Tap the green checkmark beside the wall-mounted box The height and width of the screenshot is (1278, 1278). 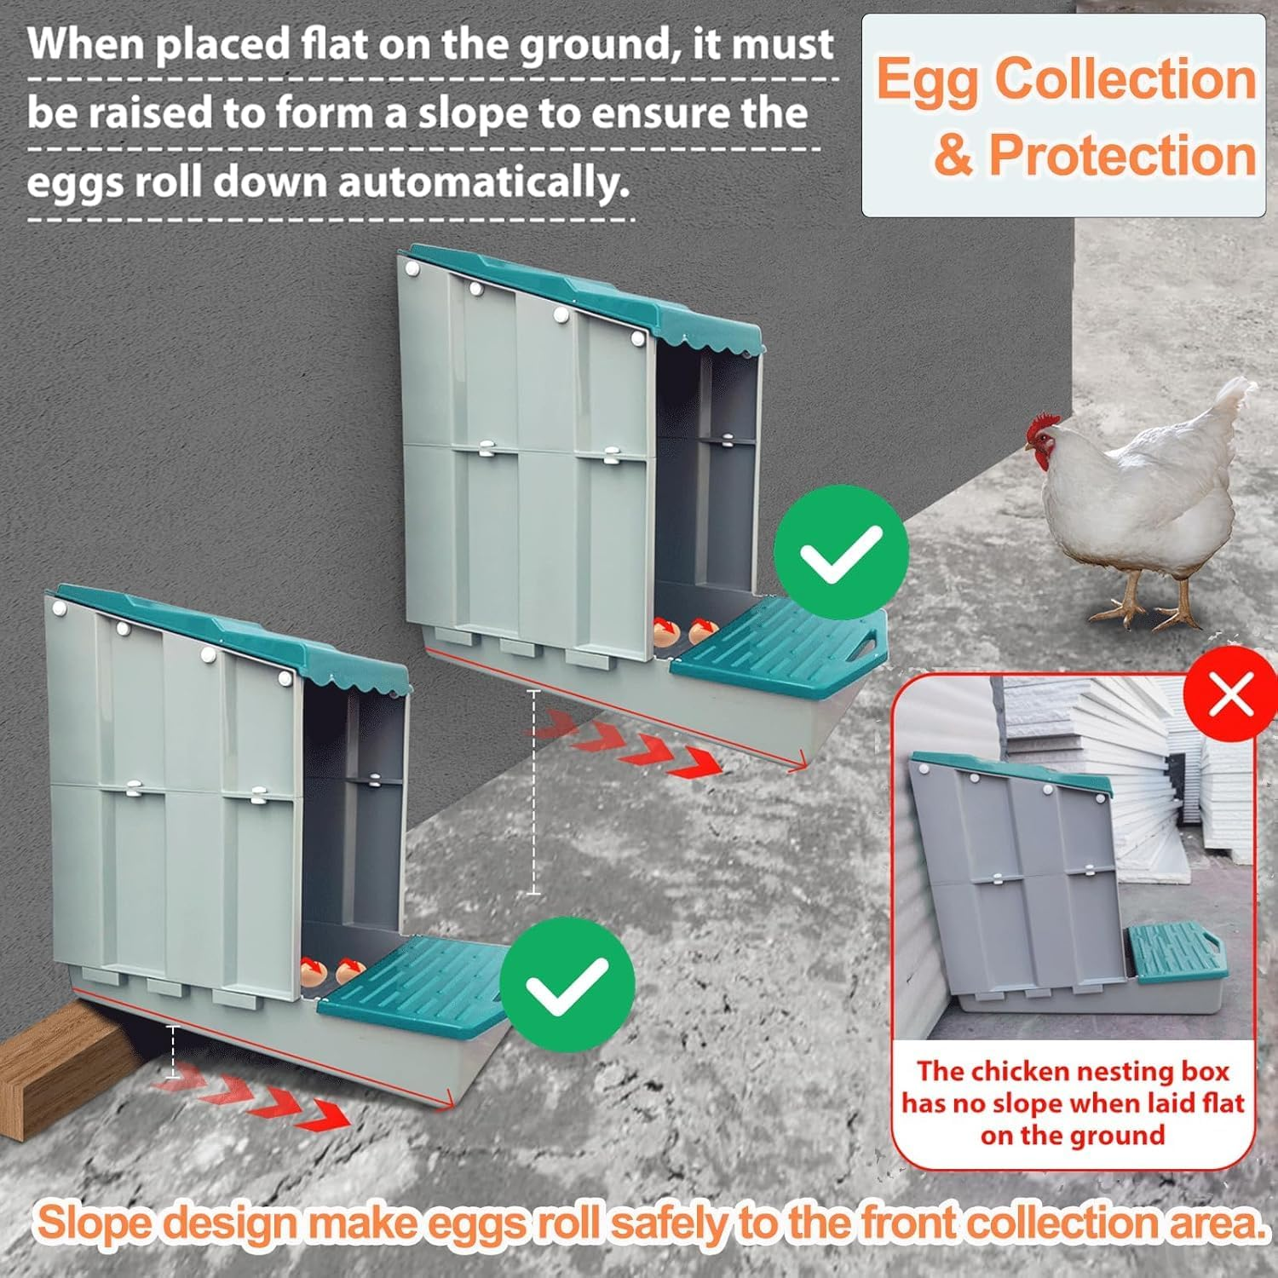(x=841, y=553)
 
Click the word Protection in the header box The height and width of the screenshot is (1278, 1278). (x=1122, y=156)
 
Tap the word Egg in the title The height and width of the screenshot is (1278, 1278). (x=930, y=79)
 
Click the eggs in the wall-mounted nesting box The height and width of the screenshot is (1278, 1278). (x=681, y=631)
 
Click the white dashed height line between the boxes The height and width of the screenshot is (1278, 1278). (x=534, y=792)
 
